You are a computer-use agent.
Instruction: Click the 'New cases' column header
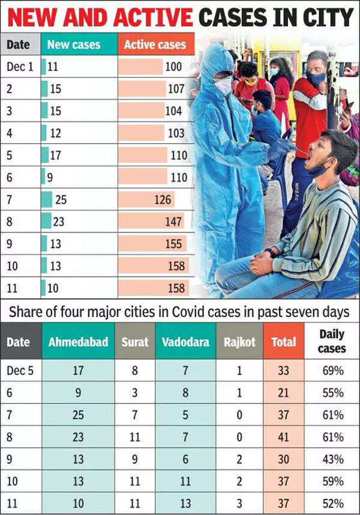[x=74, y=44]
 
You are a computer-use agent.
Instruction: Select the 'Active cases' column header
[x=155, y=44]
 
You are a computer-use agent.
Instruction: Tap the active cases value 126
[x=163, y=199]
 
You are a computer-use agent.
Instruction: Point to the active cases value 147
[x=173, y=221]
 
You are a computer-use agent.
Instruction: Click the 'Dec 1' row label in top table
[x=20, y=66]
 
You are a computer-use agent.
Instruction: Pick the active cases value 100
[x=173, y=66]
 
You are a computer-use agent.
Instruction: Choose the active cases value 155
[x=176, y=244]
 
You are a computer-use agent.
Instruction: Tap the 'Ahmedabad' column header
[x=78, y=342]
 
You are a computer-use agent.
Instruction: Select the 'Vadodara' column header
[x=185, y=342]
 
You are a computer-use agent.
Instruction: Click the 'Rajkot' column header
[x=239, y=342]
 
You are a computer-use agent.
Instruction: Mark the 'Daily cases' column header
[x=332, y=341]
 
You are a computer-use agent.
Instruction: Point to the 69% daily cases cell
[x=332, y=371]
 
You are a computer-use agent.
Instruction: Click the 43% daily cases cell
[x=332, y=459]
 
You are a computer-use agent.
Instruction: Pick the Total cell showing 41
[x=283, y=438]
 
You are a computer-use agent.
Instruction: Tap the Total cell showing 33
[x=283, y=371]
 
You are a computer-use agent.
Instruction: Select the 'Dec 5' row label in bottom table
[x=20, y=371]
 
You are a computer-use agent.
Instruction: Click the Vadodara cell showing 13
[x=185, y=503]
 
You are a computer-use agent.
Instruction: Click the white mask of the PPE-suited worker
[x=223, y=86]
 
